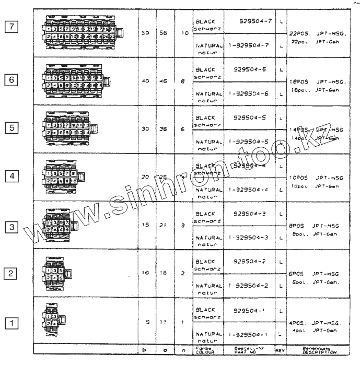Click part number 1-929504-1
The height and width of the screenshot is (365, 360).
pos(248,334)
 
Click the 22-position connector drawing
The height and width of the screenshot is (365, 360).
pos(83,32)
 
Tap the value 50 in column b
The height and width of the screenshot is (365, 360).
pos(147,32)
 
